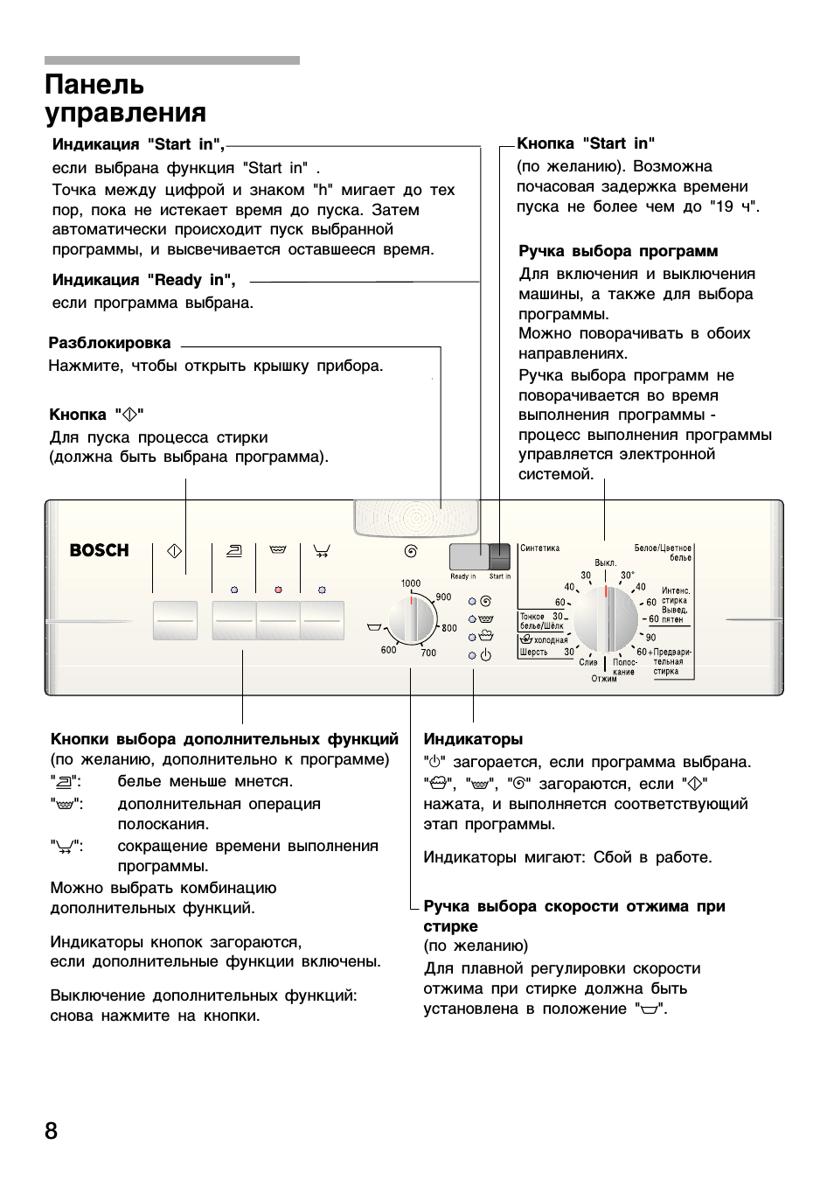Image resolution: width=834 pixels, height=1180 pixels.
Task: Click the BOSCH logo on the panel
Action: [x=99, y=550]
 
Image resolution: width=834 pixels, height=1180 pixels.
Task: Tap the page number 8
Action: [x=52, y=1131]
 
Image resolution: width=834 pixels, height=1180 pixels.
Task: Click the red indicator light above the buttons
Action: [x=278, y=590]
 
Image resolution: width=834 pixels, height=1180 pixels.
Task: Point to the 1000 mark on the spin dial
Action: [x=410, y=583]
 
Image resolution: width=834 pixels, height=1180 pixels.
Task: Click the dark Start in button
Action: [x=500, y=556]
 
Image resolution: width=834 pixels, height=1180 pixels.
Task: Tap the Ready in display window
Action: [x=469, y=556]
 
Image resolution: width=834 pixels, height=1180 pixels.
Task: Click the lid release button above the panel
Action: [x=416, y=517]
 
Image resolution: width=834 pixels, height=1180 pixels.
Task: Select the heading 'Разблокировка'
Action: [x=109, y=343]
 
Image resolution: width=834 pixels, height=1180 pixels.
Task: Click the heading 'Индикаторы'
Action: [x=473, y=739]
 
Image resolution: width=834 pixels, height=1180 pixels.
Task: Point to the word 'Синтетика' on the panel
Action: [x=539, y=548]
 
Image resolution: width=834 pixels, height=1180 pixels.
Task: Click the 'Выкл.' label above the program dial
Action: [x=605, y=562]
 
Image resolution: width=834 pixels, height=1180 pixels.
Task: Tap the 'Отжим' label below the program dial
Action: [x=604, y=679]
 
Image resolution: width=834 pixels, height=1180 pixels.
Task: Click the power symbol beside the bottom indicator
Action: [x=486, y=654]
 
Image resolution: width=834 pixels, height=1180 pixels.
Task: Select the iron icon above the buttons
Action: [x=233, y=551]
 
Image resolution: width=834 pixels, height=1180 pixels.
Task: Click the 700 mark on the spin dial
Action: [x=428, y=653]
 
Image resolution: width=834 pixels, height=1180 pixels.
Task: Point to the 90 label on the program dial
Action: [x=650, y=638]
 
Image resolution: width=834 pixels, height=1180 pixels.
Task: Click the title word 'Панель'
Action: [x=94, y=85]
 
